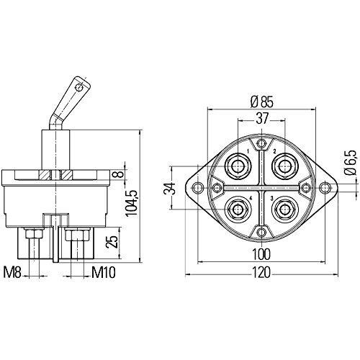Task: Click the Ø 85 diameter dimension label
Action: (261, 102)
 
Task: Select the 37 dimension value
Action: (261, 118)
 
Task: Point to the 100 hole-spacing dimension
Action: (261, 254)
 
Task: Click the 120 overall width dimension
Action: (261, 272)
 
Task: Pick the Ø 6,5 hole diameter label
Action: (351, 163)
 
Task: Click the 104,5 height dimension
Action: (132, 203)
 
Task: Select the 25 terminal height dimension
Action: (112, 241)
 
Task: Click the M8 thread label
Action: (12, 273)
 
